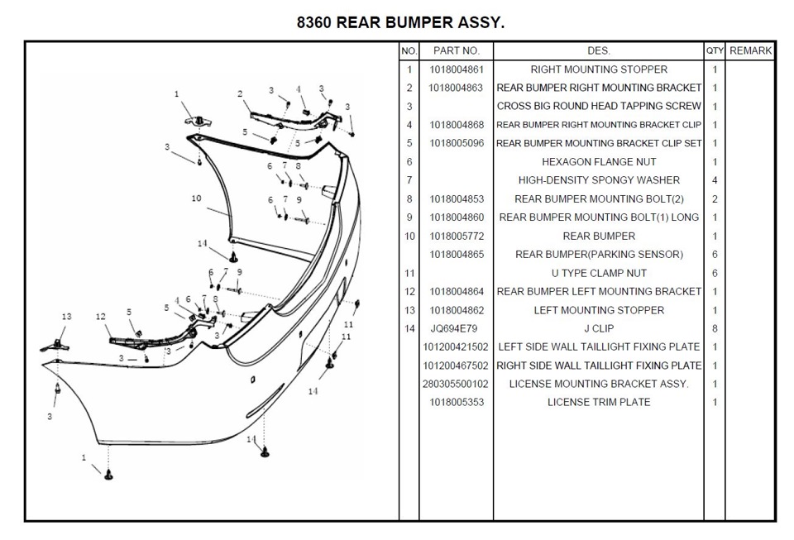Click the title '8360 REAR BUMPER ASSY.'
coord(400,23)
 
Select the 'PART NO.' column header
coord(457,50)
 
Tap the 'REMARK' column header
coord(750,50)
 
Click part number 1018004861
coord(457,69)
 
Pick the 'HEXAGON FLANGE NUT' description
coord(599,162)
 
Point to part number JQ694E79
coord(454,328)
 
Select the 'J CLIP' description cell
coord(599,328)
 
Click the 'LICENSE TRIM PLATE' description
coord(599,403)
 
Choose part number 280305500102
coord(456,385)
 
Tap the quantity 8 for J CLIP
coord(715,328)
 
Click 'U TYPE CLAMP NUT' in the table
coord(599,273)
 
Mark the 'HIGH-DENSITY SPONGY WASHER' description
coord(599,180)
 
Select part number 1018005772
coord(457,237)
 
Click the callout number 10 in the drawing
coord(197,198)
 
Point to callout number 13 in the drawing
coord(66,317)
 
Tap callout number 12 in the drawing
coord(101,317)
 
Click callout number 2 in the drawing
coord(240,93)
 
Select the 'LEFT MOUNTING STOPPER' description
coord(599,310)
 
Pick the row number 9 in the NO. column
coord(409,217)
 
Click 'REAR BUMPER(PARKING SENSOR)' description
coord(599,255)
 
